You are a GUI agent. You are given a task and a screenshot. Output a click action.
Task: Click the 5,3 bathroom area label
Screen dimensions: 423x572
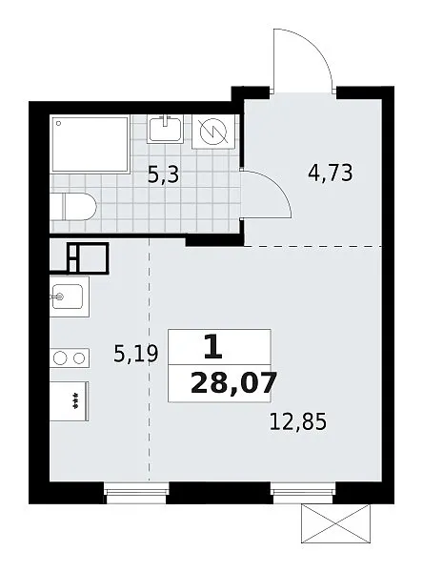[164, 174]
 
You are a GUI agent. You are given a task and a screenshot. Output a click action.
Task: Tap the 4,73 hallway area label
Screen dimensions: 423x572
[331, 173]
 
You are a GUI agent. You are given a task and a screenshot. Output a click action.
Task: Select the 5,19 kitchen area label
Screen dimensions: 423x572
[136, 354]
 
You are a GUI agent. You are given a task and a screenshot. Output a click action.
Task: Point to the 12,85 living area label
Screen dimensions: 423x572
[298, 421]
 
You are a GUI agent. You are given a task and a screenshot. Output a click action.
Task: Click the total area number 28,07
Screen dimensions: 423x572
[233, 383]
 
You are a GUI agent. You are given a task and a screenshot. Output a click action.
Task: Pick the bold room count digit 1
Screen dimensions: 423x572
[213, 347]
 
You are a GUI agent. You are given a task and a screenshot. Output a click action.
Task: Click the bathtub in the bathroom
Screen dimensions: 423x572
[91, 144]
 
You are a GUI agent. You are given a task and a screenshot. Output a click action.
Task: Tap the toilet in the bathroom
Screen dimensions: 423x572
[73, 207]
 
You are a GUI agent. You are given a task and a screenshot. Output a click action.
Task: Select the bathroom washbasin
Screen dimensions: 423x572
[165, 129]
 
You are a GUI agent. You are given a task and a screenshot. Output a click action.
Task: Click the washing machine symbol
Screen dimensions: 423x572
[213, 132]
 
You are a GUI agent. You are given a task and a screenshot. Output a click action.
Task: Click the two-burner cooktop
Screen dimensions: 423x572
[70, 358]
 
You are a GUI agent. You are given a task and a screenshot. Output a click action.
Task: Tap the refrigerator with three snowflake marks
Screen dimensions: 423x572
[70, 401]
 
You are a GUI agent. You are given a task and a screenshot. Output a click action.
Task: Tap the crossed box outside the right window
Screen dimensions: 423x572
[335, 522]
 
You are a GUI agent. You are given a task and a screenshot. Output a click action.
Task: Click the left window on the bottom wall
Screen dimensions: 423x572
[137, 493]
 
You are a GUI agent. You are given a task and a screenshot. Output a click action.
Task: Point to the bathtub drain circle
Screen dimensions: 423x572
[59, 123]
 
